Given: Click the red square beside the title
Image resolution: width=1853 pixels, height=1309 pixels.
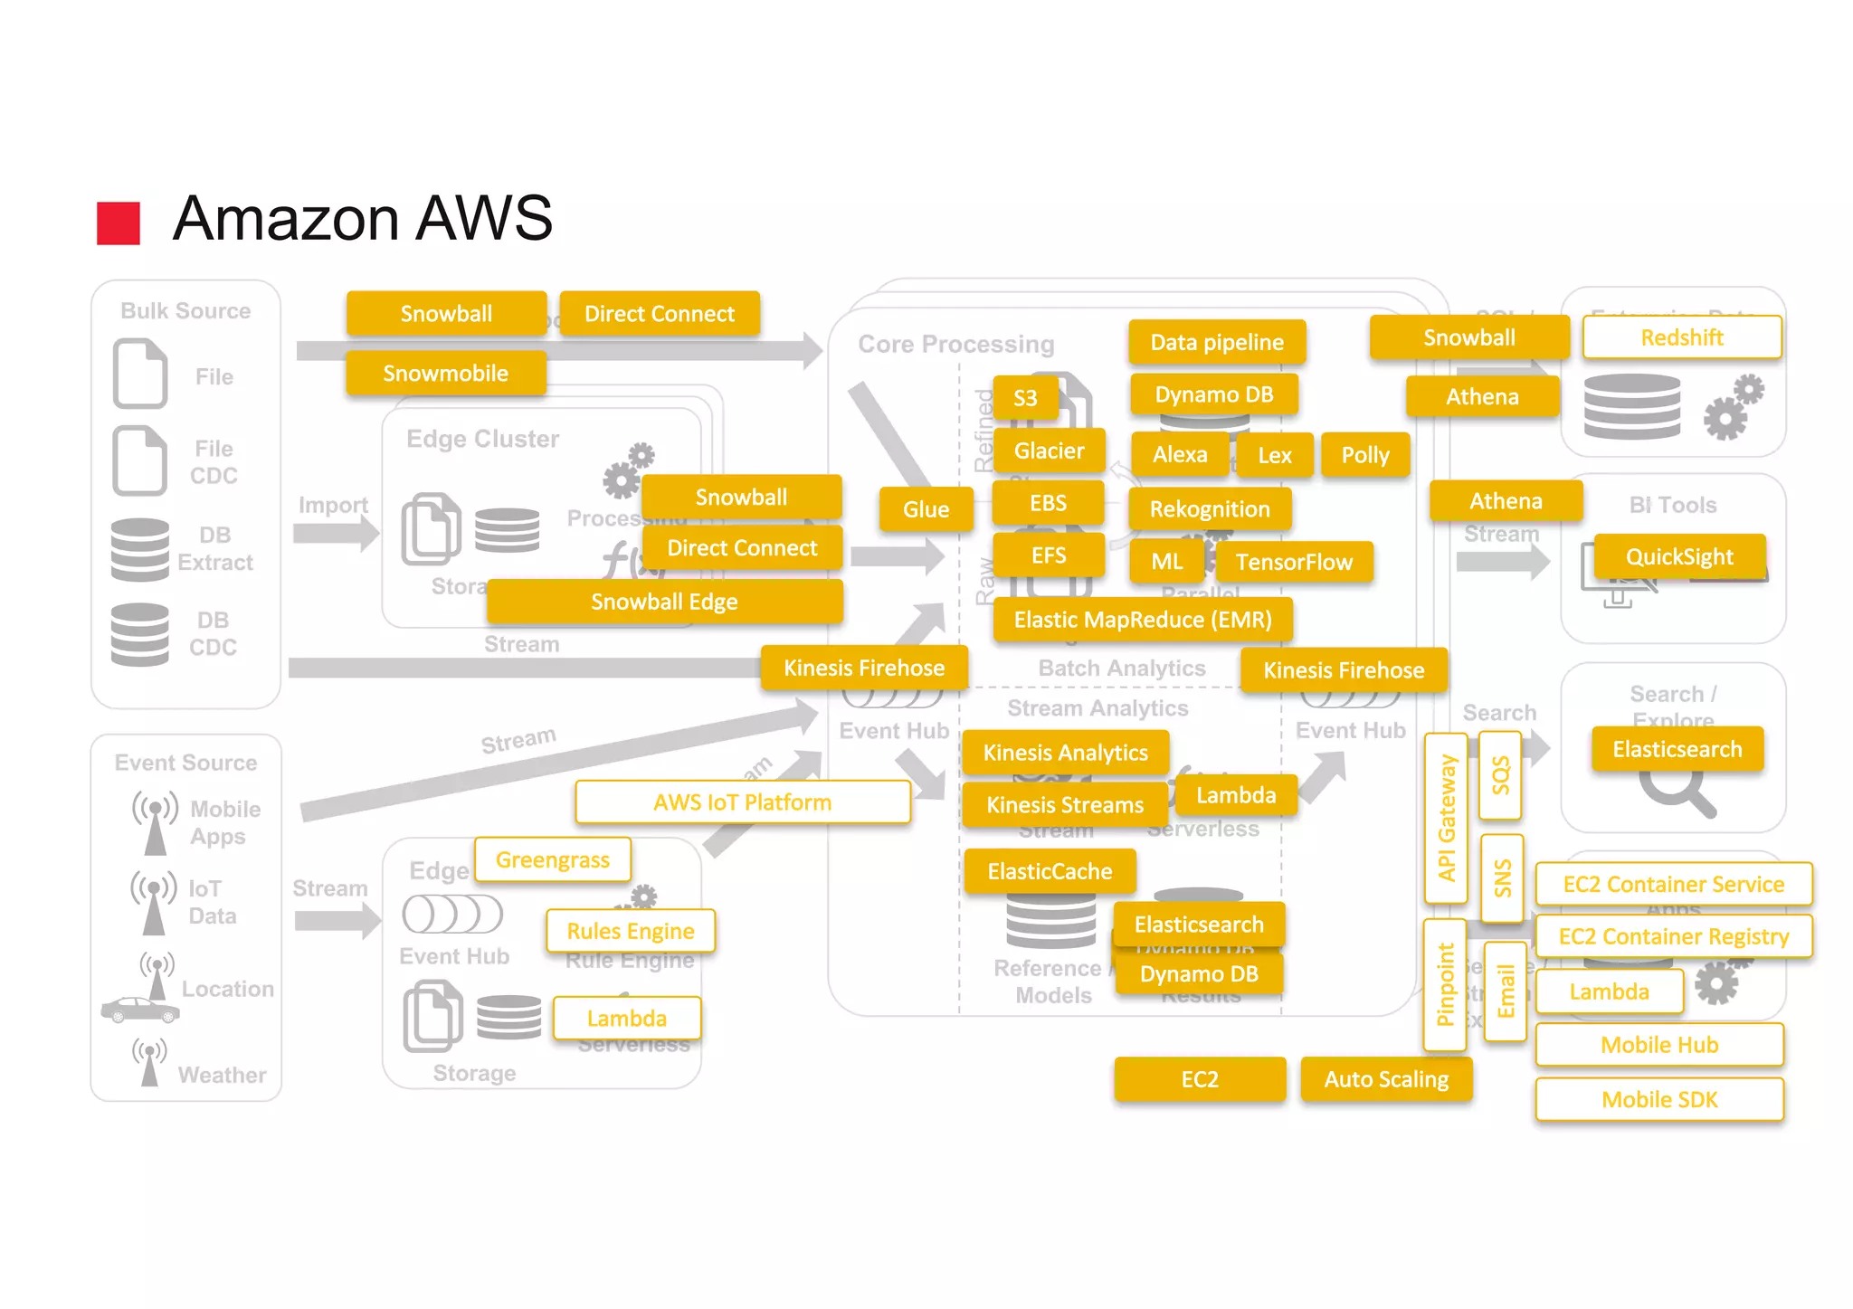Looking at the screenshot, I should (119, 223).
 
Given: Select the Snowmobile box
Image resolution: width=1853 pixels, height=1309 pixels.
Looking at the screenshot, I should (445, 374).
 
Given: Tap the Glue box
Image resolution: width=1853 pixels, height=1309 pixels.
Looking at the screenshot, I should (926, 509).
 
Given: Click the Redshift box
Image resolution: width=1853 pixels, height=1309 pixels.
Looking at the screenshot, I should (1681, 337).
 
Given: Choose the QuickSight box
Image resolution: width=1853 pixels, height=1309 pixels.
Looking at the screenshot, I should (1679, 556).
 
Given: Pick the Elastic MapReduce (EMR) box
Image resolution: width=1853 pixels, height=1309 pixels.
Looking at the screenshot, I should (1142, 620).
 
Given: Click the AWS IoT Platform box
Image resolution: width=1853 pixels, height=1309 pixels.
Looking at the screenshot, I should (742, 802).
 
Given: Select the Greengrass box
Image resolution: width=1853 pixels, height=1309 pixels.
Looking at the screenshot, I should (552, 859).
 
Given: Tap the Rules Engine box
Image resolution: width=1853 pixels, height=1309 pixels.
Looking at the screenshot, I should (630, 931).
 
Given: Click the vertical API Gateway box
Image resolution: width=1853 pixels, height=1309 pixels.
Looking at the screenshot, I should (1446, 818).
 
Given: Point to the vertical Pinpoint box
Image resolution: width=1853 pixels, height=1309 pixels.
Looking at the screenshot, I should (1445, 984).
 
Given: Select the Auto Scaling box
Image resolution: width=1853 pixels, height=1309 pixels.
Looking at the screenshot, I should (1385, 1079).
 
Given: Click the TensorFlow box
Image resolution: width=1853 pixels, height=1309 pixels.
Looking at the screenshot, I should (1293, 562).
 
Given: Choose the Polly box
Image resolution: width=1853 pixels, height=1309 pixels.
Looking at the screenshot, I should (1364, 455).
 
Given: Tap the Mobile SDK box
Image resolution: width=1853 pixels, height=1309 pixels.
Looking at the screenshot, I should (1658, 1099).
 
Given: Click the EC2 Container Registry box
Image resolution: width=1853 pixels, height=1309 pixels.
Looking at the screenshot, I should (1673, 936).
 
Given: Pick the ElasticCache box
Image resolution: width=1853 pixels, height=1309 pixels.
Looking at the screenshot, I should (1050, 871).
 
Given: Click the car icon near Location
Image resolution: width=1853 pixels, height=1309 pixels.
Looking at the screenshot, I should (138, 1010).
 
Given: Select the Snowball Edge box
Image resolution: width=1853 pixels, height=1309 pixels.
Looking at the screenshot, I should (664, 602).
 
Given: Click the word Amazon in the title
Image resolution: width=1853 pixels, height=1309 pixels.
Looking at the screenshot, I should (286, 219).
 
